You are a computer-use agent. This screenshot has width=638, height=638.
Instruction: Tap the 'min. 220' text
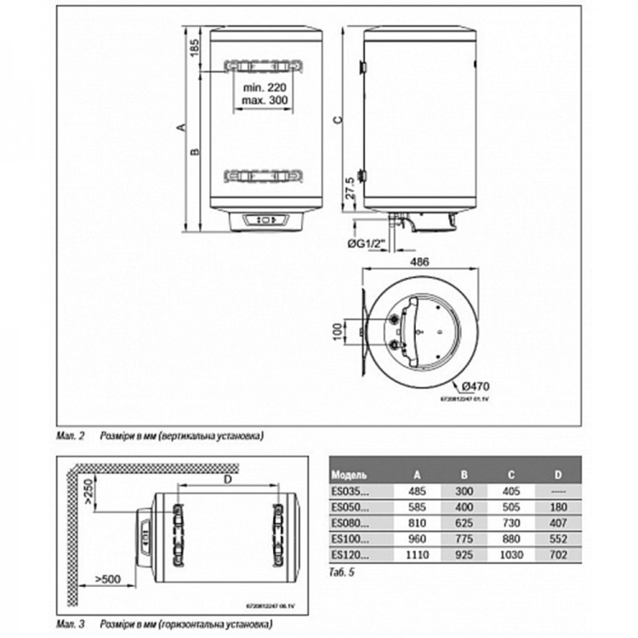tap(263, 88)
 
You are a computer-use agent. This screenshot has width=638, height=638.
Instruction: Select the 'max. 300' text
tap(263, 101)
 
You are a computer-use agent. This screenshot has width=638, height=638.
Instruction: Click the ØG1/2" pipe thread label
tap(366, 245)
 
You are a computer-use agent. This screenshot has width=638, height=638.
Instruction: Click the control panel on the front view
tap(266, 219)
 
